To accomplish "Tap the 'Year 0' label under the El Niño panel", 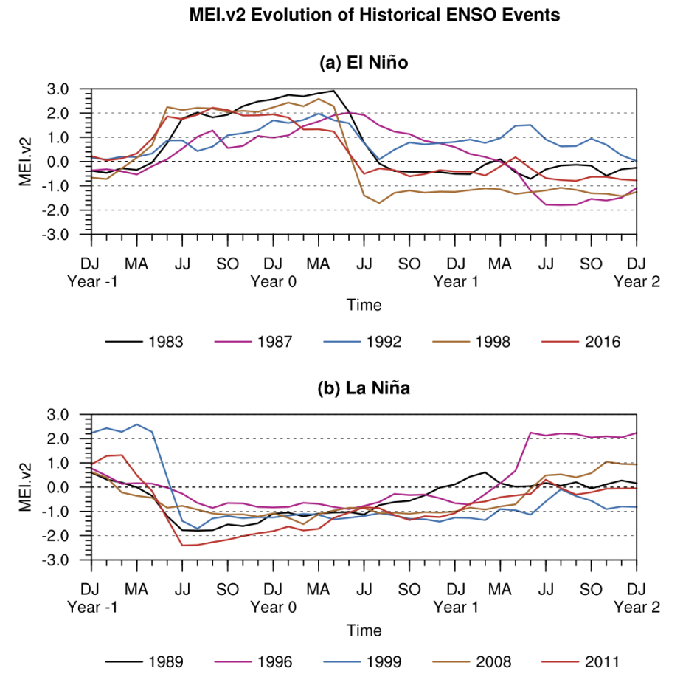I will pyautogui.click(x=273, y=281).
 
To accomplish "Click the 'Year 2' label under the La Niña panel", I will pyautogui.click(x=637, y=607).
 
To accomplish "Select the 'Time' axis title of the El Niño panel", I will pyautogui.click(x=364, y=305).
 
